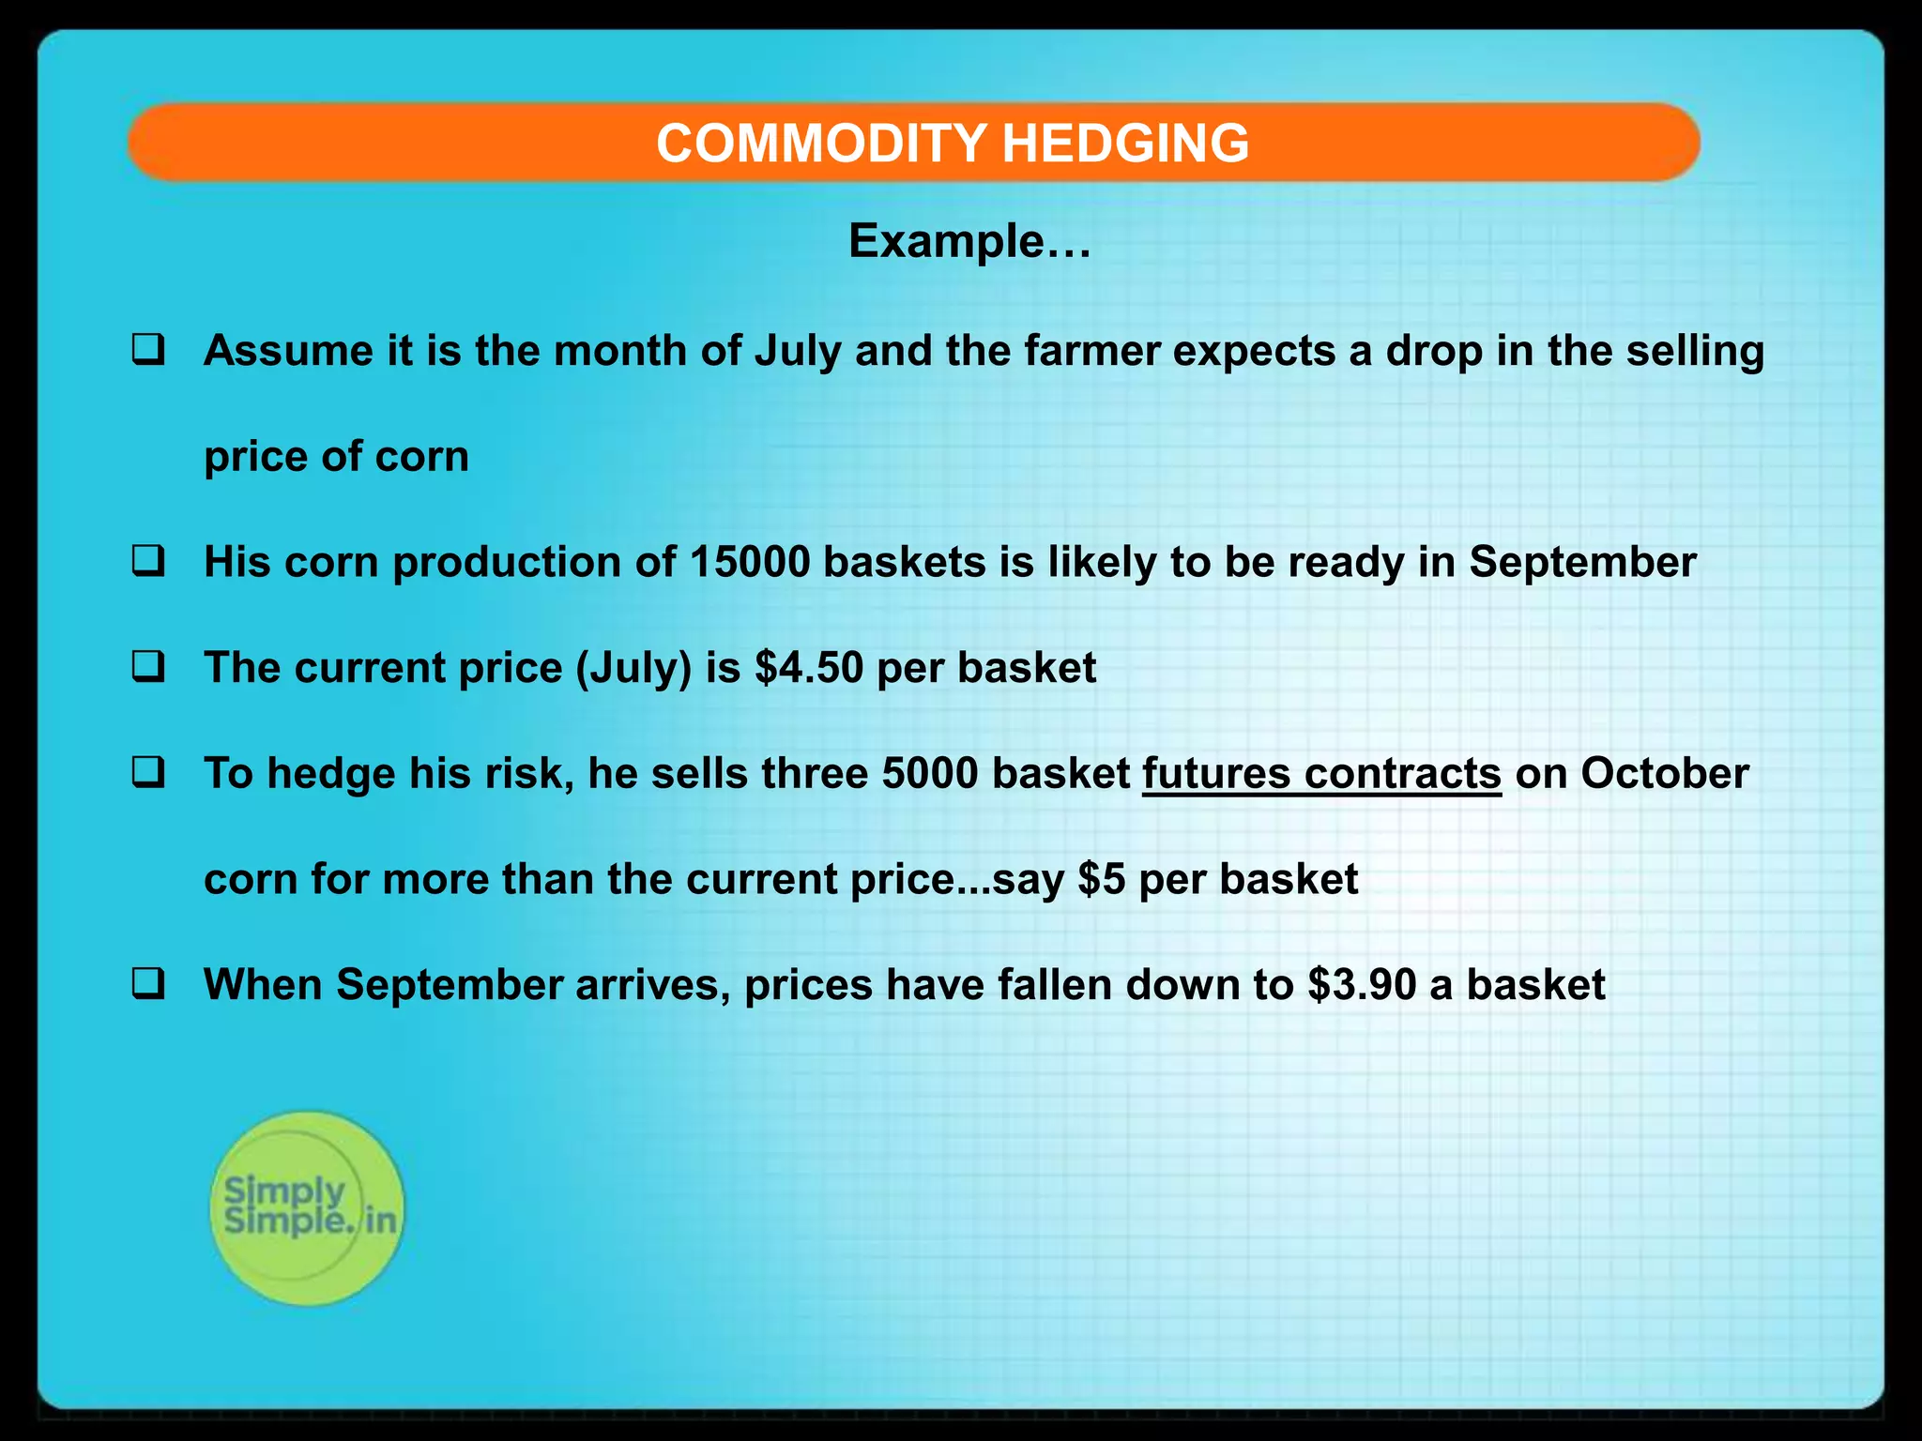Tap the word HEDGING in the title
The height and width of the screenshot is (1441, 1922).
[1125, 144]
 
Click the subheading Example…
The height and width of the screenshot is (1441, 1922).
[969, 242]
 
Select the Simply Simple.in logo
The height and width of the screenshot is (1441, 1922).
[307, 1207]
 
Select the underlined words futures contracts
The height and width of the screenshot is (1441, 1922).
[1321, 774]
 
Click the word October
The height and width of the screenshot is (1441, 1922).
[1665, 774]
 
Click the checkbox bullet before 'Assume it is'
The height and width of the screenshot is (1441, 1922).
[148, 350]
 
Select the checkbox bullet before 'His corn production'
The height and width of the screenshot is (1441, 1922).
[148, 562]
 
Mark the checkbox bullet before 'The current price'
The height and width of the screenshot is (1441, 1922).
[148, 667]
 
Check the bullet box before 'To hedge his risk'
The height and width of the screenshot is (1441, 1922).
[148, 773]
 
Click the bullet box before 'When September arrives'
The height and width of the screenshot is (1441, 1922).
[148, 984]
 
